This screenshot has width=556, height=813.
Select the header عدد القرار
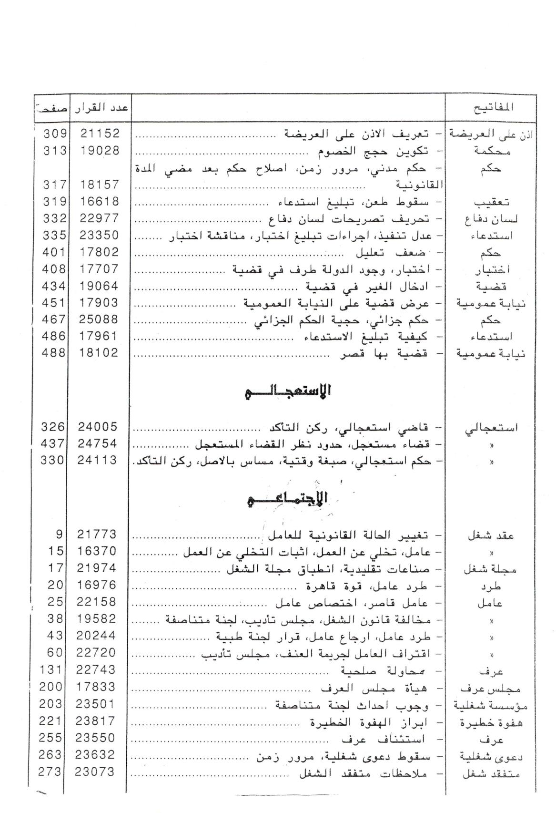tap(100, 108)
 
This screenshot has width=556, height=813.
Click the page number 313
tap(54, 151)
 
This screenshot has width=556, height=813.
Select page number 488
tap(54, 353)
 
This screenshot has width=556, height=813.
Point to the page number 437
tap(52, 443)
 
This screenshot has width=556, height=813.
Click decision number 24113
tap(98, 460)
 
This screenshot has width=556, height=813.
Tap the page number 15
tap(56, 551)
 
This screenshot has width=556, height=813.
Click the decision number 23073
tap(96, 772)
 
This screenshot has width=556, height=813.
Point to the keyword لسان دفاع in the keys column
tap(491, 219)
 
